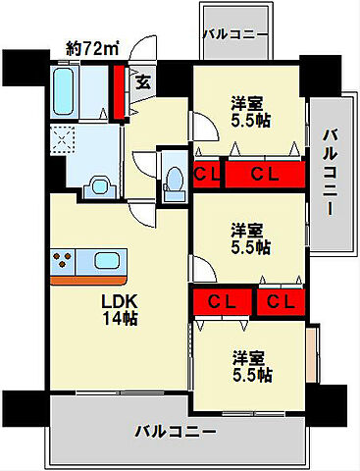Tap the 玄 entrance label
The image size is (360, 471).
[143, 83]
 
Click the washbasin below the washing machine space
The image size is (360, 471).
[100, 183]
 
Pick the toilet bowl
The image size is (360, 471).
[176, 180]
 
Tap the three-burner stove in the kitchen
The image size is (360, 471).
[68, 262]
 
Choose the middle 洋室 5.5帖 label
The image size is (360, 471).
[250, 238]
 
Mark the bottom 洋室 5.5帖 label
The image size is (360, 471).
[252, 366]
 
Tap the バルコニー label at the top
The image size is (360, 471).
[235, 34]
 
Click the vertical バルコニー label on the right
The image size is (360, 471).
[330, 173]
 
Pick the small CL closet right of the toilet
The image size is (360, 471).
[206, 176]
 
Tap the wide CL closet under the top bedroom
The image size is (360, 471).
[262, 176]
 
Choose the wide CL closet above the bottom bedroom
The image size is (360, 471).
[225, 301]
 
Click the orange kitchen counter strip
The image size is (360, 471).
[88, 280]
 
